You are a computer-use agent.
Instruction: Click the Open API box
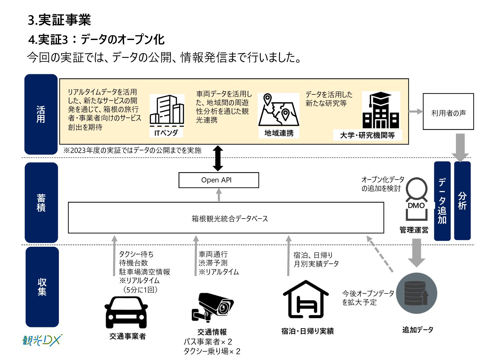219,180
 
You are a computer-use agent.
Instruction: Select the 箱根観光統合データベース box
226,218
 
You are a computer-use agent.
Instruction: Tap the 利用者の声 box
448,111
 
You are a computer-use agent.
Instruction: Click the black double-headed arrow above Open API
218,158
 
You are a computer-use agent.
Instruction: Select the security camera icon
212,307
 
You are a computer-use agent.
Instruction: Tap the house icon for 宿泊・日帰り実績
306,300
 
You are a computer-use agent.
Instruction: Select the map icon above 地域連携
278,110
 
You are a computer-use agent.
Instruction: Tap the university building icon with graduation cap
381,110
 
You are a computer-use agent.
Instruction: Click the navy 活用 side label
41,114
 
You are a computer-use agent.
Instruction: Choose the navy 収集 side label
42,286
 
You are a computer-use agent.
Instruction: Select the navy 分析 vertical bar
462,201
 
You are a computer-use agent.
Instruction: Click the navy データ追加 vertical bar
442,201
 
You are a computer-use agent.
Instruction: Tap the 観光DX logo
42,340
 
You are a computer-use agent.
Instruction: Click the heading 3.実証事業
60,20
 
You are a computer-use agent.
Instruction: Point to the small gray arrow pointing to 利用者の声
415,111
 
